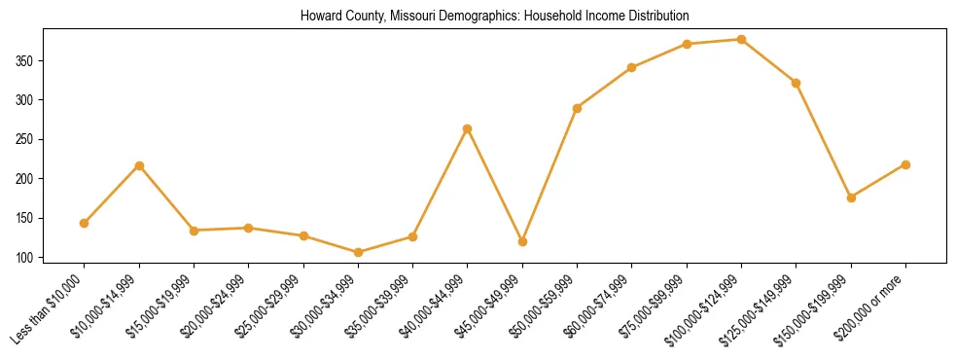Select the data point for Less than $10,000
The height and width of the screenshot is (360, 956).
point(85,223)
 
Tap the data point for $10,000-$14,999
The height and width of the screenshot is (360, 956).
point(139,165)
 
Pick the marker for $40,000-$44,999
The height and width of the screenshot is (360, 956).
point(468,128)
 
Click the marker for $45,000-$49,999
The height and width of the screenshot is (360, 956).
point(522,241)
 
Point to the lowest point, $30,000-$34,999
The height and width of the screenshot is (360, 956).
point(358,252)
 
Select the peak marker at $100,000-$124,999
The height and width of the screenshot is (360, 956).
point(741,39)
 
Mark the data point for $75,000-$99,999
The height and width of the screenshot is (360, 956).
point(687,44)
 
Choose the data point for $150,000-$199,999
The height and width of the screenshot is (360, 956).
point(851,198)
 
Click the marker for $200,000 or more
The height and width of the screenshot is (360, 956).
point(905,164)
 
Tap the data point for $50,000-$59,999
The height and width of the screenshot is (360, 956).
point(578,108)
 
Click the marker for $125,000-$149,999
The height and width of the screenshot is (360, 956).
point(796,83)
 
